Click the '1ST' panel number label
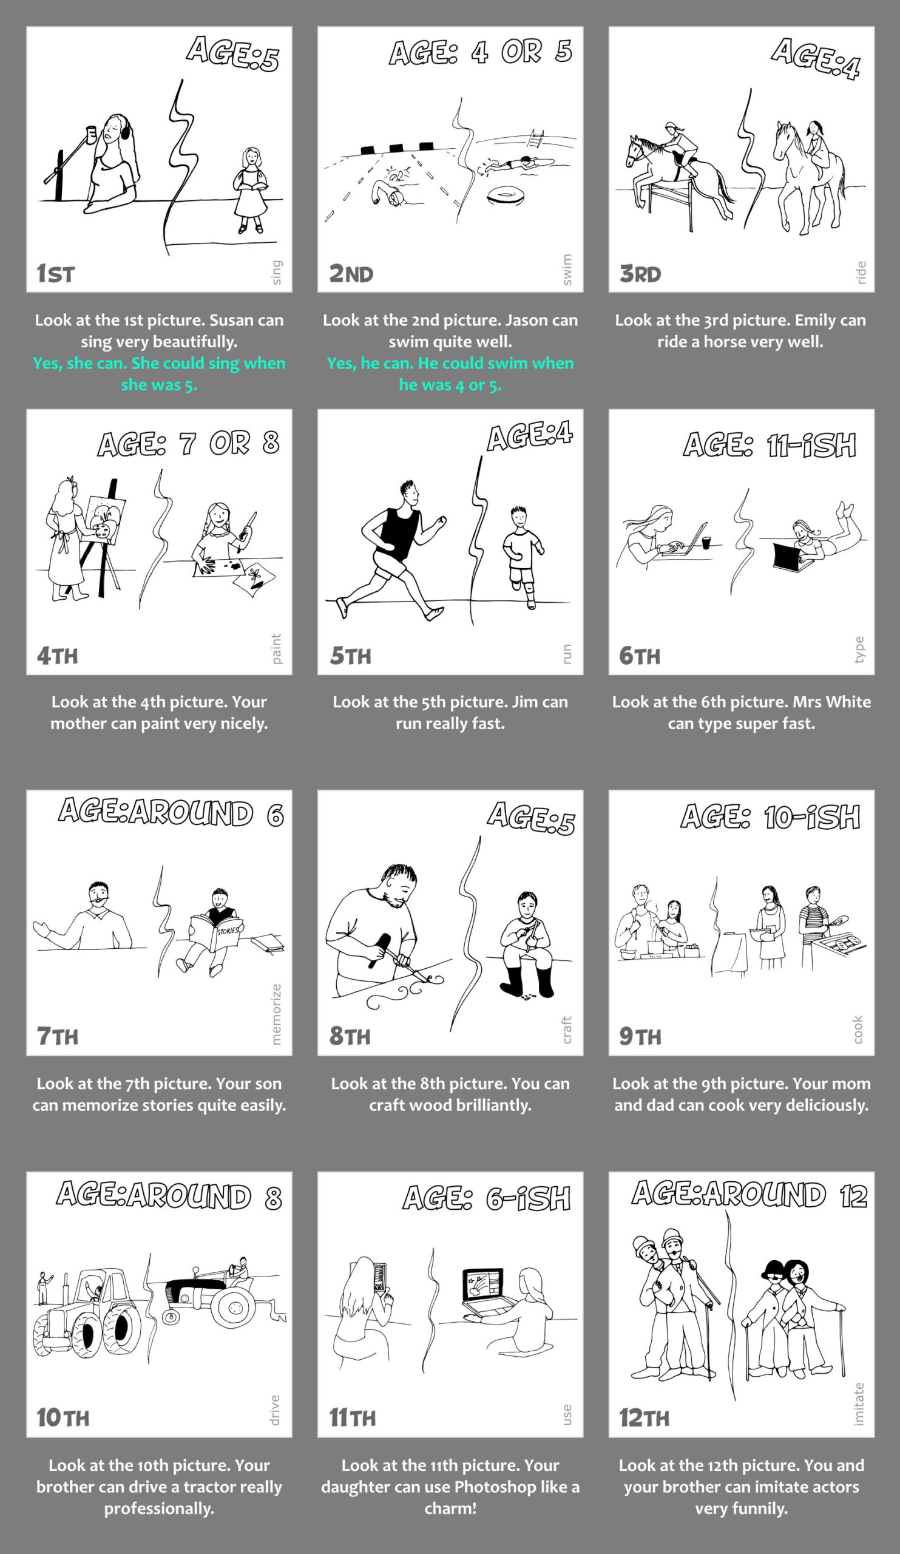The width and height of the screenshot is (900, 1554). click(55, 273)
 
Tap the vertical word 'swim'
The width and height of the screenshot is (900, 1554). click(566, 270)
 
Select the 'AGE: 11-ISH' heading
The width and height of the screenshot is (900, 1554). click(770, 444)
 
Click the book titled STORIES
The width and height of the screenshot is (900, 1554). click(217, 932)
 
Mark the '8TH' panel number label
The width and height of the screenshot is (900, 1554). click(350, 1036)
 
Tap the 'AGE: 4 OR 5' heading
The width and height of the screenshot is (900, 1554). click(480, 52)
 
